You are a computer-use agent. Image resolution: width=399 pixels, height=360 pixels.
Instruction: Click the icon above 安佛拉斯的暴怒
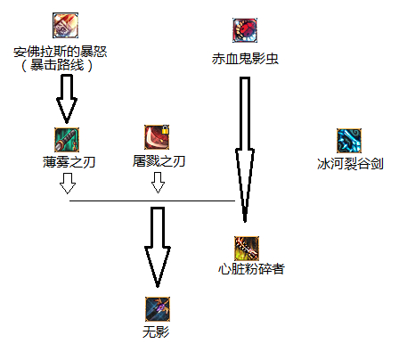65,25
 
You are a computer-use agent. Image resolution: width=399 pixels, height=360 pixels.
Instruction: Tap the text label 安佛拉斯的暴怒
61,52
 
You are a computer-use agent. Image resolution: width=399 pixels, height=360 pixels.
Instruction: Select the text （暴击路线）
57,65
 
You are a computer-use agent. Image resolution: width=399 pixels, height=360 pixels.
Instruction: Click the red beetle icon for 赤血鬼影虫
245,30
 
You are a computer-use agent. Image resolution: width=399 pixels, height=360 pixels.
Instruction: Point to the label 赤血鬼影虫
245,59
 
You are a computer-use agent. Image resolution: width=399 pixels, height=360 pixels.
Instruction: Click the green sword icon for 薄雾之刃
67,140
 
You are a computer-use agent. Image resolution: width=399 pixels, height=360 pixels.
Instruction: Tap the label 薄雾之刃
69,162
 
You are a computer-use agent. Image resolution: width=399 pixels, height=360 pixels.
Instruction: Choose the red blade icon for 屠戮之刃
157,137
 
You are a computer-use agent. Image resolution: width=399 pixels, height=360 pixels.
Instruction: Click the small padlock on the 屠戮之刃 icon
165,129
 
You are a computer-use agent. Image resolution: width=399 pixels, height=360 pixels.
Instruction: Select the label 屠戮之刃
159,161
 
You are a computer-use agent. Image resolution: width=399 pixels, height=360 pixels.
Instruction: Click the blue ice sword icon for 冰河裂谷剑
349,141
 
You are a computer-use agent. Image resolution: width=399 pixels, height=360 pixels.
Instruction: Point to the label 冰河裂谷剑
350,164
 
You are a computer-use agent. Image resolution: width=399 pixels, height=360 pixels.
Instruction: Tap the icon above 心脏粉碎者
247,249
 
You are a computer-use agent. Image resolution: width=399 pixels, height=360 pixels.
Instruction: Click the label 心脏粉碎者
251,269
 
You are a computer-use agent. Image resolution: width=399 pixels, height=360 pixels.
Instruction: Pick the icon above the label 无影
158,309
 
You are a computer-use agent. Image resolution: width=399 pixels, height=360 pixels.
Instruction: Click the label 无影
156,331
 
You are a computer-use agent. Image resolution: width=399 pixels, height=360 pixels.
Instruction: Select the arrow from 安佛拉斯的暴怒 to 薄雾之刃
67,99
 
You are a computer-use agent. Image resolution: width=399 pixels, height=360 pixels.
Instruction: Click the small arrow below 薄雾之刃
68,184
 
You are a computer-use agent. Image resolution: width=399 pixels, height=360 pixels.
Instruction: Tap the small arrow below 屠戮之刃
158,183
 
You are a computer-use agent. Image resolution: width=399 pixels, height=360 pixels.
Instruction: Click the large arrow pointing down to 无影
158,248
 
